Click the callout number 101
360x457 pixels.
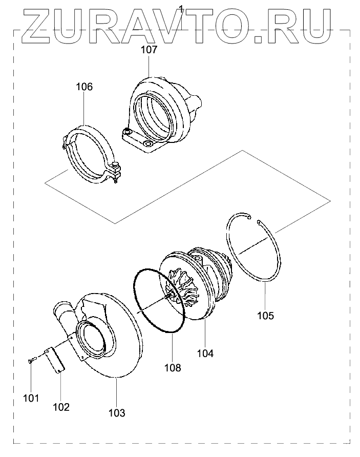tap(31, 398)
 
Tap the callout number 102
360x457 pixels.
tap(61, 407)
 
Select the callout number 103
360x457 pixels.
tap(117, 412)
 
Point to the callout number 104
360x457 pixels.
tap(206, 353)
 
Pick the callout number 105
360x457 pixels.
tap(265, 316)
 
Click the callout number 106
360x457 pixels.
tap(84, 87)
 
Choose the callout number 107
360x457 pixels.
tap(149, 50)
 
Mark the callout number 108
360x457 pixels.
tap(173, 367)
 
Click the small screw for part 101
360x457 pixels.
tap(30, 362)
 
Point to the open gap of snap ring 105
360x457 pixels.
tap(253, 219)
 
